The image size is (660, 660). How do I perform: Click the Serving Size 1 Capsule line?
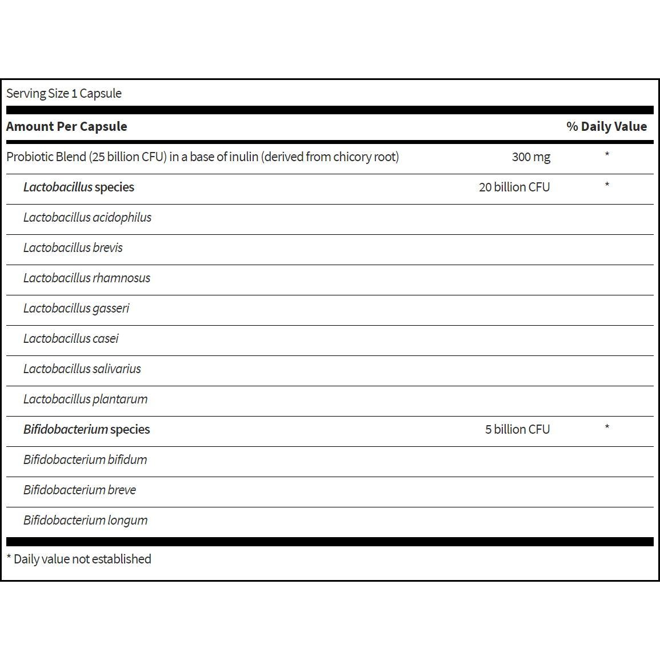tap(64, 94)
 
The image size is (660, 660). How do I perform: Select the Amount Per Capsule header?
tap(67, 127)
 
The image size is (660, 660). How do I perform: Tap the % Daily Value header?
tap(606, 127)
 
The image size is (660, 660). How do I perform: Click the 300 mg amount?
tap(531, 157)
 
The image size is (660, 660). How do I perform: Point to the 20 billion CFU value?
tap(514, 187)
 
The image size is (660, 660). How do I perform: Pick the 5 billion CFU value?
tap(517, 430)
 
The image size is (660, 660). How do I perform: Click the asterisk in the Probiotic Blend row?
tap(607, 155)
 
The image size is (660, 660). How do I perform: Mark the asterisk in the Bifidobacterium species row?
tap(607, 427)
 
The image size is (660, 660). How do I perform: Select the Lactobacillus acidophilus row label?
tap(87, 218)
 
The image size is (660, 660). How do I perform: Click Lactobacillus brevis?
tap(73, 248)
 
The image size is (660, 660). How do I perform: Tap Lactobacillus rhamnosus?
tap(87, 278)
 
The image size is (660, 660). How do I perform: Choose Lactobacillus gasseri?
tap(77, 309)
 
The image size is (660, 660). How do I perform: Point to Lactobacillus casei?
tap(71, 339)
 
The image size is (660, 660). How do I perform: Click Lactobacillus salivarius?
tap(82, 369)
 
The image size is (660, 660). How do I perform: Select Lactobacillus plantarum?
tap(86, 399)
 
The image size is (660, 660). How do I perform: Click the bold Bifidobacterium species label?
tap(86, 430)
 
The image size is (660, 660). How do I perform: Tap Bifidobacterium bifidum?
tap(85, 460)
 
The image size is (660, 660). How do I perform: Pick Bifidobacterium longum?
tap(86, 521)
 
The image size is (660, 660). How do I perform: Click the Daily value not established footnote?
tap(79, 559)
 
